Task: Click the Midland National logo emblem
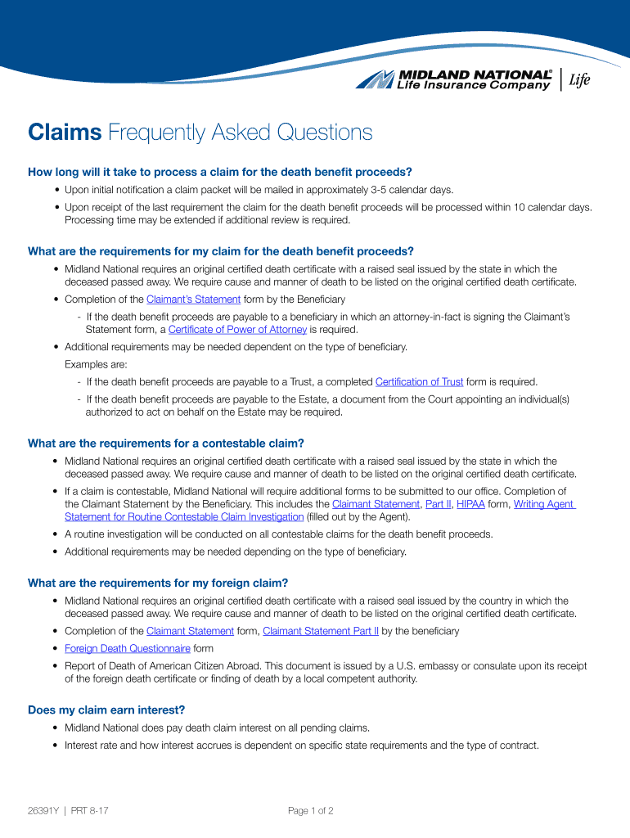[x=376, y=79]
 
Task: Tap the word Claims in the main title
[x=65, y=133]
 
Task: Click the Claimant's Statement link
[x=194, y=300]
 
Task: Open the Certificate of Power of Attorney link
[x=237, y=330]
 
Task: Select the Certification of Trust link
[x=419, y=382]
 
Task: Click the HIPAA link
[x=470, y=504]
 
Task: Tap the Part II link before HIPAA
[x=438, y=504]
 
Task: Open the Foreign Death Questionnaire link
[x=128, y=648]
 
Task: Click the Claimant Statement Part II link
[x=321, y=631]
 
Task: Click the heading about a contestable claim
[x=166, y=444]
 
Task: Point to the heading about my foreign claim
[x=158, y=583]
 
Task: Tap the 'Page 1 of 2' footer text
[x=310, y=811]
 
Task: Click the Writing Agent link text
[x=544, y=504]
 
